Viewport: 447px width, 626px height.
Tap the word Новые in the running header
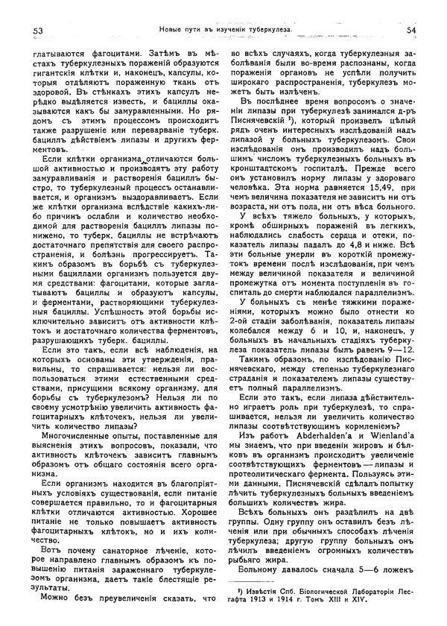172,29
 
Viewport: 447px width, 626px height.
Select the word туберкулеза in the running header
265,29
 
